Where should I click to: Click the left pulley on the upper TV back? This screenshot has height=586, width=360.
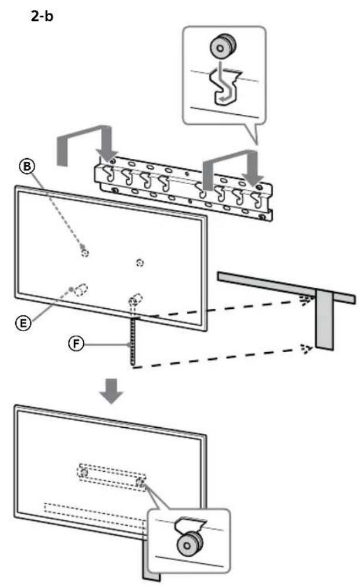coord(86,253)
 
